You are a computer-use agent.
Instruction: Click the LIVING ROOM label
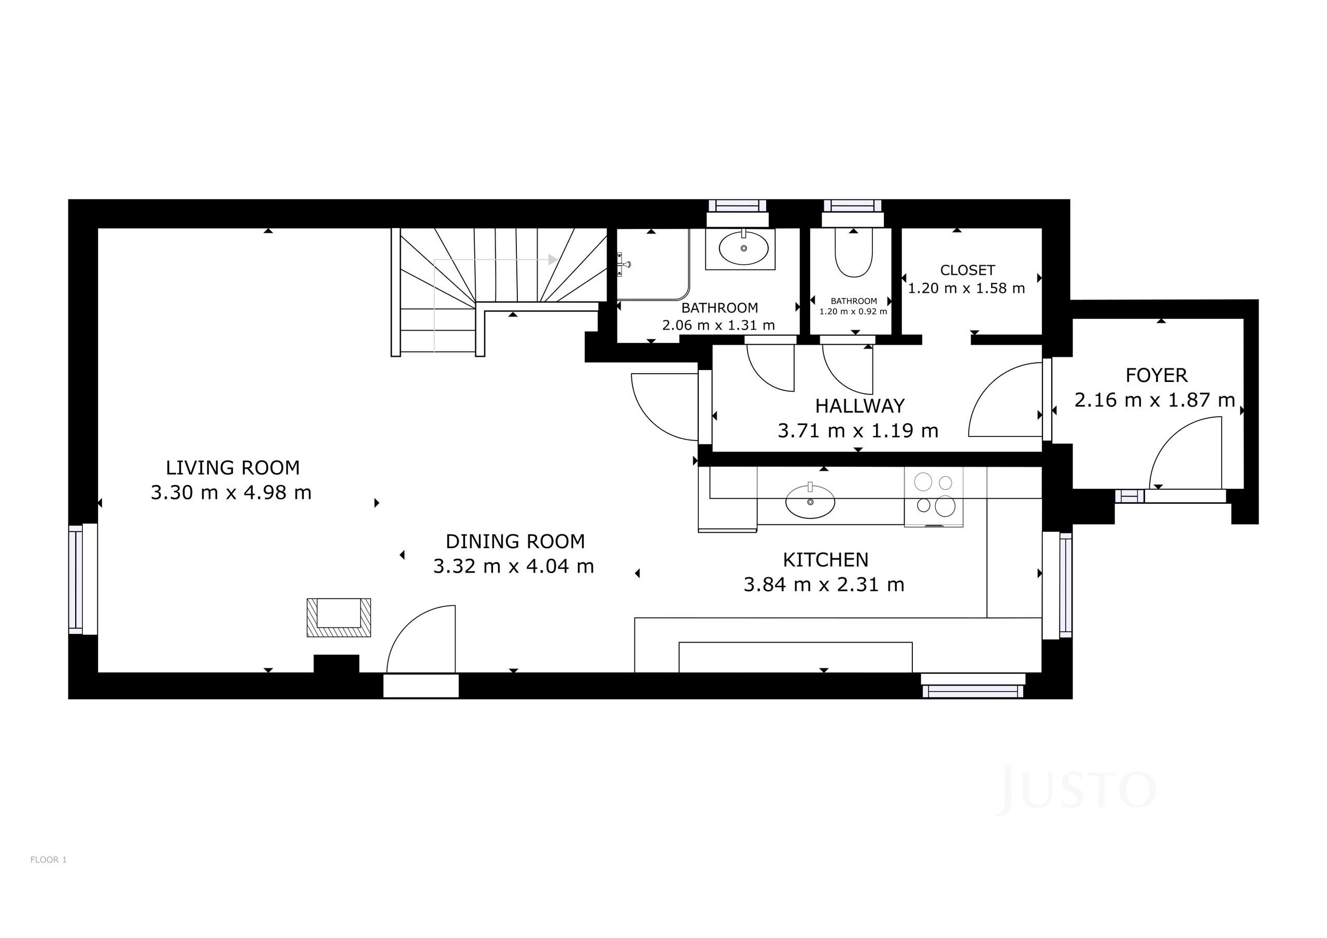coord(233,467)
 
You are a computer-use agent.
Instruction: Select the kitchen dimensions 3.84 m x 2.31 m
coord(824,585)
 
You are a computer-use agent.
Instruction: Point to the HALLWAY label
coord(860,406)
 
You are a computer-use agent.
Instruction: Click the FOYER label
coord(1156,376)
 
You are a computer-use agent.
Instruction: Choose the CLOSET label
coord(967,271)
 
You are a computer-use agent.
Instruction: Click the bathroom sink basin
coord(744,248)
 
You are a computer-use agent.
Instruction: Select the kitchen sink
coord(810,501)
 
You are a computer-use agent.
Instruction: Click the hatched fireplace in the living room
coord(338,618)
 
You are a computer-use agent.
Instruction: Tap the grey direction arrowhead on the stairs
coord(553,260)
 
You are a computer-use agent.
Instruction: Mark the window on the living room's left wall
coord(82,579)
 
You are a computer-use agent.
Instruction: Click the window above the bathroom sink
coord(738,212)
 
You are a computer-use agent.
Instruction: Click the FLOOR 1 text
coord(49,860)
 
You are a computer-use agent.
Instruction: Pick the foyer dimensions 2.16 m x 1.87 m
coord(1155,400)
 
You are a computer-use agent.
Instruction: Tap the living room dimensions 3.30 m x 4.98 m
coord(231,493)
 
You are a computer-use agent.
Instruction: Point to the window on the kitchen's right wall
coord(1057,586)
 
